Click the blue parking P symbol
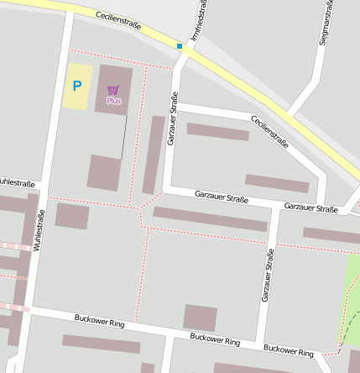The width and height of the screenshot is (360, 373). [x=77, y=85]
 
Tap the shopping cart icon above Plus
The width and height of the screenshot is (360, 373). [x=113, y=89]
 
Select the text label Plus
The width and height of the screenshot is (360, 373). [x=113, y=101]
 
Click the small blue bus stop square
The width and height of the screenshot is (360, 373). [x=180, y=45]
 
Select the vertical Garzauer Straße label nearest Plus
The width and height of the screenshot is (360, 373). [x=173, y=123]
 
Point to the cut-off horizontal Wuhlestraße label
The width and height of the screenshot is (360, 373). [x=17, y=182]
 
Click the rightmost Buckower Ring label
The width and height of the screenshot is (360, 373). [x=289, y=349]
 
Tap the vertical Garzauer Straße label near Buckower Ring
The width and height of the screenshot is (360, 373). [x=268, y=275]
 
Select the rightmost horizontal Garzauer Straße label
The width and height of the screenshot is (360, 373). [x=310, y=208]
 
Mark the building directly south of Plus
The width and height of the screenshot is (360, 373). [x=104, y=172]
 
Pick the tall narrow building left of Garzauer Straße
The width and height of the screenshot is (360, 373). [x=154, y=155]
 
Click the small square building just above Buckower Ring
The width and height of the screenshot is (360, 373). [x=200, y=318]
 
